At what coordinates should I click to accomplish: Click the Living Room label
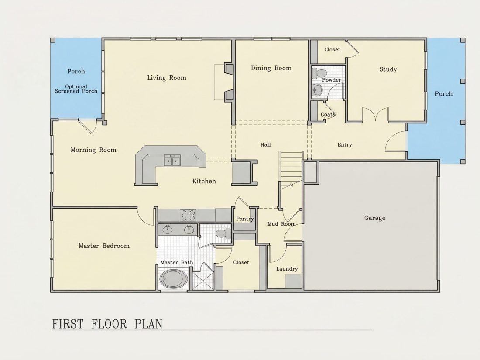167,78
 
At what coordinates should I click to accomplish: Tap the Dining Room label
271,68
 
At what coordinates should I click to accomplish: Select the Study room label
388,69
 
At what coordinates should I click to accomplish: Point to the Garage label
375,218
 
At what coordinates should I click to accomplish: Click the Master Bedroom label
104,246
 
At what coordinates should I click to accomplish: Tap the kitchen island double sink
172,160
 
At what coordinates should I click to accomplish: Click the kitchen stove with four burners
188,215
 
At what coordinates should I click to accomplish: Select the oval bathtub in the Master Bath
174,279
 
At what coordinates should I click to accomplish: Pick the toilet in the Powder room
319,73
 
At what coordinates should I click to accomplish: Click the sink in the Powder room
317,90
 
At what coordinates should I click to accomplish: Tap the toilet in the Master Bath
223,233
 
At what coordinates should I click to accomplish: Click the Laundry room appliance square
294,281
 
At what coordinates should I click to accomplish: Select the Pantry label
245,219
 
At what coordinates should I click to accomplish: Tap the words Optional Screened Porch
76,89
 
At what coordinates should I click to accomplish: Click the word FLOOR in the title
109,324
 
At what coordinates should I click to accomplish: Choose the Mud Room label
281,224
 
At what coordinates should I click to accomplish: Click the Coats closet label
328,114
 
